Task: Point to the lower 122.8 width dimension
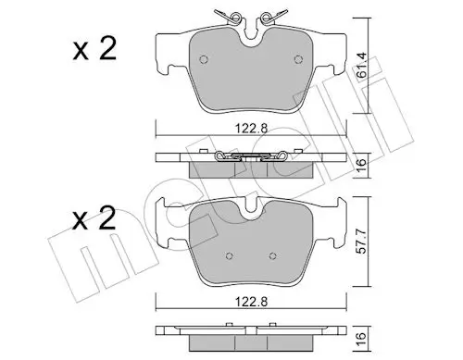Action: [x=245, y=298]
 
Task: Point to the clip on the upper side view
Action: [x=245, y=157]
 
